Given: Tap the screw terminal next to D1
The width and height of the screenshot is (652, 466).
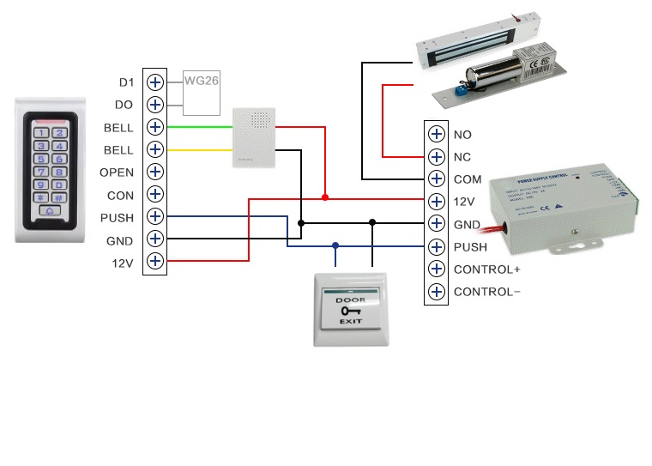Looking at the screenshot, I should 155,82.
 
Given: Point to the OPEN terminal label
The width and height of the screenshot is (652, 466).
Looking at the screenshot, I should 117,172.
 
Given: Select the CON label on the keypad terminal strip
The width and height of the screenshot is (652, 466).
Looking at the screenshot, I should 120,195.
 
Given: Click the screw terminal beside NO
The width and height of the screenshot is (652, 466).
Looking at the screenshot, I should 437,135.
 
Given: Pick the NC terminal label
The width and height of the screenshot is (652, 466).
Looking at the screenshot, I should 462,157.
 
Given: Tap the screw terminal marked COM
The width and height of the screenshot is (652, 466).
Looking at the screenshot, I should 437,179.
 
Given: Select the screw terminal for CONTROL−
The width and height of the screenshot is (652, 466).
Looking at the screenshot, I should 437,292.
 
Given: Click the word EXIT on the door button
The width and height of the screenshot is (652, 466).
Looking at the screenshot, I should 350,320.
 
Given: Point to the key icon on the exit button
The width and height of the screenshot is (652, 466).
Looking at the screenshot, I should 350,310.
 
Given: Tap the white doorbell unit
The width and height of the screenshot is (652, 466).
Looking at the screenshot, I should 256,137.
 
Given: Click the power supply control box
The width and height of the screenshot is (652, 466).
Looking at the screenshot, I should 561,210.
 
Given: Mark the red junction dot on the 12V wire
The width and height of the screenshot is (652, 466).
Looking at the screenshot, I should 325,197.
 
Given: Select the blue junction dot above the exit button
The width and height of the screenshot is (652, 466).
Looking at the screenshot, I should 335,245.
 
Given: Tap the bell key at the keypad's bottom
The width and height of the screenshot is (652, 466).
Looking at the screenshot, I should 51,209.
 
